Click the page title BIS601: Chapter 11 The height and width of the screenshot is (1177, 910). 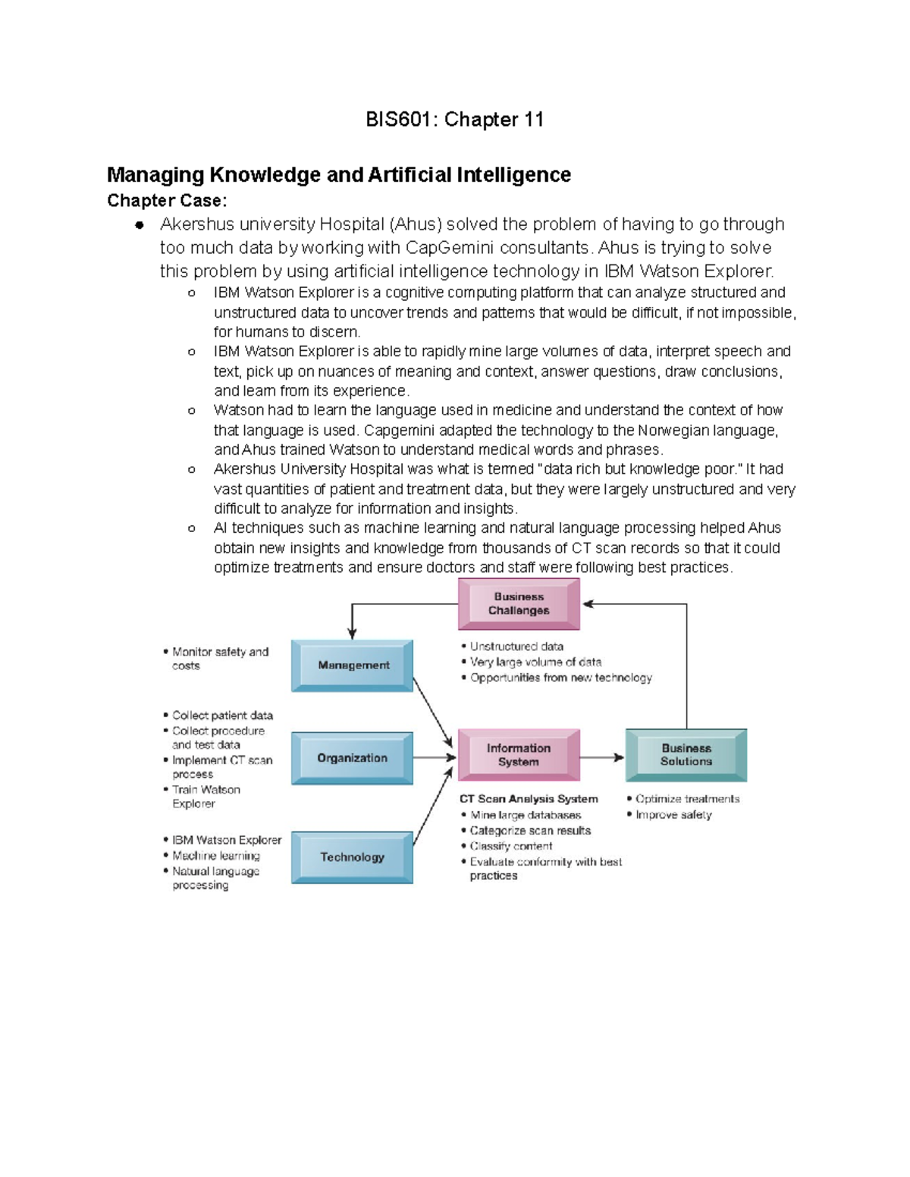pyautogui.click(x=454, y=120)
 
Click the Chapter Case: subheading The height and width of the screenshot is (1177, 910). pyautogui.click(x=167, y=201)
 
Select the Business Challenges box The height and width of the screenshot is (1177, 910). pyautogui.click(x=519, y=604)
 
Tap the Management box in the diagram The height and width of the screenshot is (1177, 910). pyautogui.click(x=353, y=665)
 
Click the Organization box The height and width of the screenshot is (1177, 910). pyautogui.click(x=352, y=758)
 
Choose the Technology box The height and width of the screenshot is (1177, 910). pyautogui.click(x=352, y=857)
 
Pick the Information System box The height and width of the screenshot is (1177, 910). pyautogui.click(x=519, y=755)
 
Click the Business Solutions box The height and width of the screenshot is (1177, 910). pyautogui.click(x=686, y=755)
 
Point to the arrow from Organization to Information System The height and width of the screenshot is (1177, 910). pyautogui.click(x=435, y=758)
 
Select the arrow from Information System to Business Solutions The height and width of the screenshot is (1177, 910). pyautogui.click(x=602, y=757)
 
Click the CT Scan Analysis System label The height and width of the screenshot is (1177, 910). pyautogui.click(x=529, y=799)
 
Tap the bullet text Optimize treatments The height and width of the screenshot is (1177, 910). pyautogui.click(x=687, y=799)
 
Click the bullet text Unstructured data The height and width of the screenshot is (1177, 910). pyautogui.click(x=516, y=646)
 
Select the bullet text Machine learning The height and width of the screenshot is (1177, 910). pyautogui.click(x=216, y=856)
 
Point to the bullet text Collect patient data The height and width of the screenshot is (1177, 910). pyautogui.click(x=222, y=715)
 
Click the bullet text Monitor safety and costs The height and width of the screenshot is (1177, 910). pyautogui.click(x=220, y=659)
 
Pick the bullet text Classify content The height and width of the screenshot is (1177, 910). pyautogui.click(x=511, y=846)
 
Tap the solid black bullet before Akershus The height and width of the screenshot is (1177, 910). pyautogui.click(x=140, y=225)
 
